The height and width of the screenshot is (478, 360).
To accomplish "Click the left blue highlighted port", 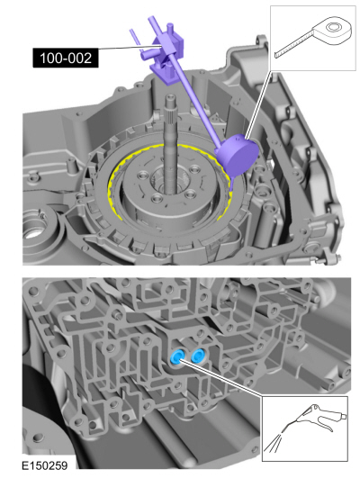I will pos(177,358).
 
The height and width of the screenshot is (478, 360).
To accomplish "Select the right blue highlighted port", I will pos(192,361).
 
